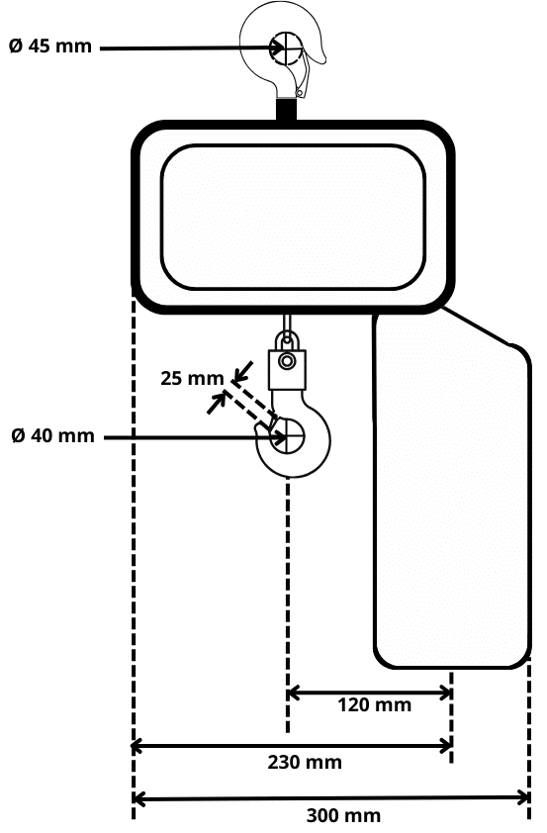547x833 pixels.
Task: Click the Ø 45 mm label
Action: (x=50, y=46)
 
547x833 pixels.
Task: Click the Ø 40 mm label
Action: (x=52, y=435)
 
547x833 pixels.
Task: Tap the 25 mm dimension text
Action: (x=192, y=378)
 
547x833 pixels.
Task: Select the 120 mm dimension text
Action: (x=375, y=705)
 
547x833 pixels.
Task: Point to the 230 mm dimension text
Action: (x=305, y=763)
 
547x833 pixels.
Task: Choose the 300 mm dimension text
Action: (x=343, y=815)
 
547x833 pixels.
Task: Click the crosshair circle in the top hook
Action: (x=287, y=48)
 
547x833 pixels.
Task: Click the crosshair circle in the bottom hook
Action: (x=287, y=436)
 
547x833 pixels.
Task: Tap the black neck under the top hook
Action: (x=287, y=111)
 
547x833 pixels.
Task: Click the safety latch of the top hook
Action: (x=303, y=77)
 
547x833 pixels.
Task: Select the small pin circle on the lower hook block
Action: (x=287, y=361)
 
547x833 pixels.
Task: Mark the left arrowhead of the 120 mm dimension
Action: (x=293, y=693)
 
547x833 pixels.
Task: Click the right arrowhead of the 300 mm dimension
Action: (x=522, y=798)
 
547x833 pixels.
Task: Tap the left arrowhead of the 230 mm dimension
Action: (x=137, y=746)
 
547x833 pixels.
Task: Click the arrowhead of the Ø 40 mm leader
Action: (x=278, y=437)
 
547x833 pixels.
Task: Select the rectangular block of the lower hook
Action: (x=287, y=370)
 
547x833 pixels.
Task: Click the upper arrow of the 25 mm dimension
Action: (x=241, y=372)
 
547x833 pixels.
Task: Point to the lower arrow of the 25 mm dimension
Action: (x=217, y=404)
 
